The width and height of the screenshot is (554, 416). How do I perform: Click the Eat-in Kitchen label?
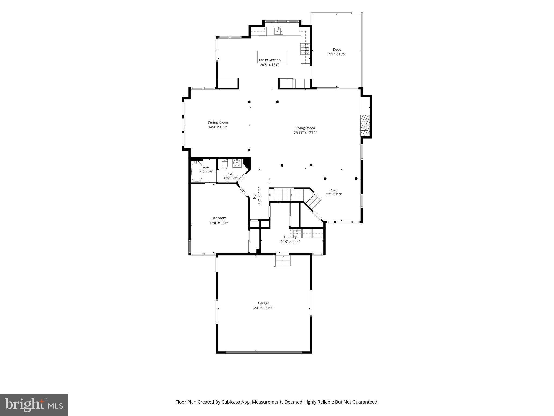[270, 60]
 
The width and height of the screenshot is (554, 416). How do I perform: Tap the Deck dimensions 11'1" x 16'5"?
[337, 54]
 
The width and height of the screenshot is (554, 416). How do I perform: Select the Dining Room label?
[218, 122]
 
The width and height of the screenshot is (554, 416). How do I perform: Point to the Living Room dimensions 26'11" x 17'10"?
[305, 133]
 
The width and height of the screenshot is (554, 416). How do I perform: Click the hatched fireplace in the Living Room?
[365, 126]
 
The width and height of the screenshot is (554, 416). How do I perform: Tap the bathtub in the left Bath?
[197, 171]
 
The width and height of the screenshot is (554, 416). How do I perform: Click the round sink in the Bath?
[237, 163]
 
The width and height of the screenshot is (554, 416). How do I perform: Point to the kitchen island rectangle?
[272, 57]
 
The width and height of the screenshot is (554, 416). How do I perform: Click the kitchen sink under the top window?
[279, 31]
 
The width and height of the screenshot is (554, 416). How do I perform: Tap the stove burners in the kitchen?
[305, 49]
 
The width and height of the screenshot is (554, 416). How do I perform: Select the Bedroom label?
[219, 218]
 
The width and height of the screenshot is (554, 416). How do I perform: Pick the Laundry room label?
[290, 237]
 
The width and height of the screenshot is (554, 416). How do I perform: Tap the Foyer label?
[334, 190]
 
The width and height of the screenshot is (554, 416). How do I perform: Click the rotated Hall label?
[255, 196]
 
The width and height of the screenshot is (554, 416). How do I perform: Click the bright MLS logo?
[34, 405]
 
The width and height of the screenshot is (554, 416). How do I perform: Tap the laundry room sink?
[298, 233]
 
